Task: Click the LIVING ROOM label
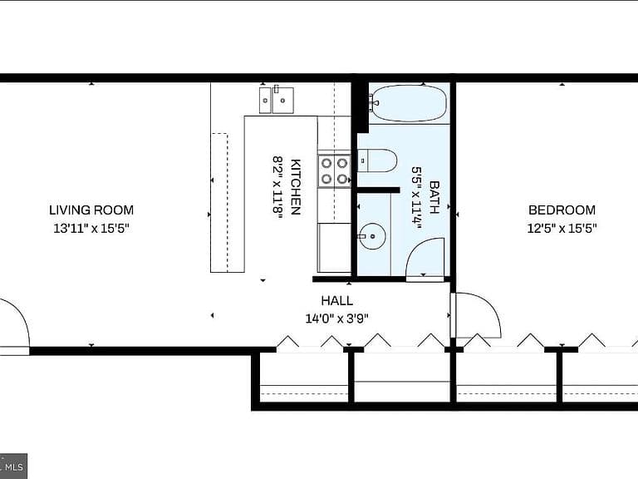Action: (x=91, y=210)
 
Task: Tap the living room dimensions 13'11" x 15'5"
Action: (x=91, y=228)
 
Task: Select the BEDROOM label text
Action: (x=562, y=210)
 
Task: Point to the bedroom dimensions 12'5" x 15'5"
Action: (x=562, y=228)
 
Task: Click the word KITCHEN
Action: (x=296, y=186)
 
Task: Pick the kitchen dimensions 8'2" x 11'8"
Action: (x=277, y=187)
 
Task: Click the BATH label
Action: (x=434, y=197)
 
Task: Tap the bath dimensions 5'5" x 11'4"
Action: (x=416, y=197)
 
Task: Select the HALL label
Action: (x=337, y=300)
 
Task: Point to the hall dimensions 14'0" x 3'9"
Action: (x=337, y=319)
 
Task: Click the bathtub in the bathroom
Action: (x=409, y=103)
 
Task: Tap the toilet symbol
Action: (x=377, y=160)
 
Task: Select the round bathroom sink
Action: (x=373, y=236)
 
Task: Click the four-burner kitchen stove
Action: (x=334, y=171)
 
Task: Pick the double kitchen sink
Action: (x=277, y=100)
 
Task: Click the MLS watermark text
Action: (x=14, y=467)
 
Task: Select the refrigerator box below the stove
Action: (x=334, y=248)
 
